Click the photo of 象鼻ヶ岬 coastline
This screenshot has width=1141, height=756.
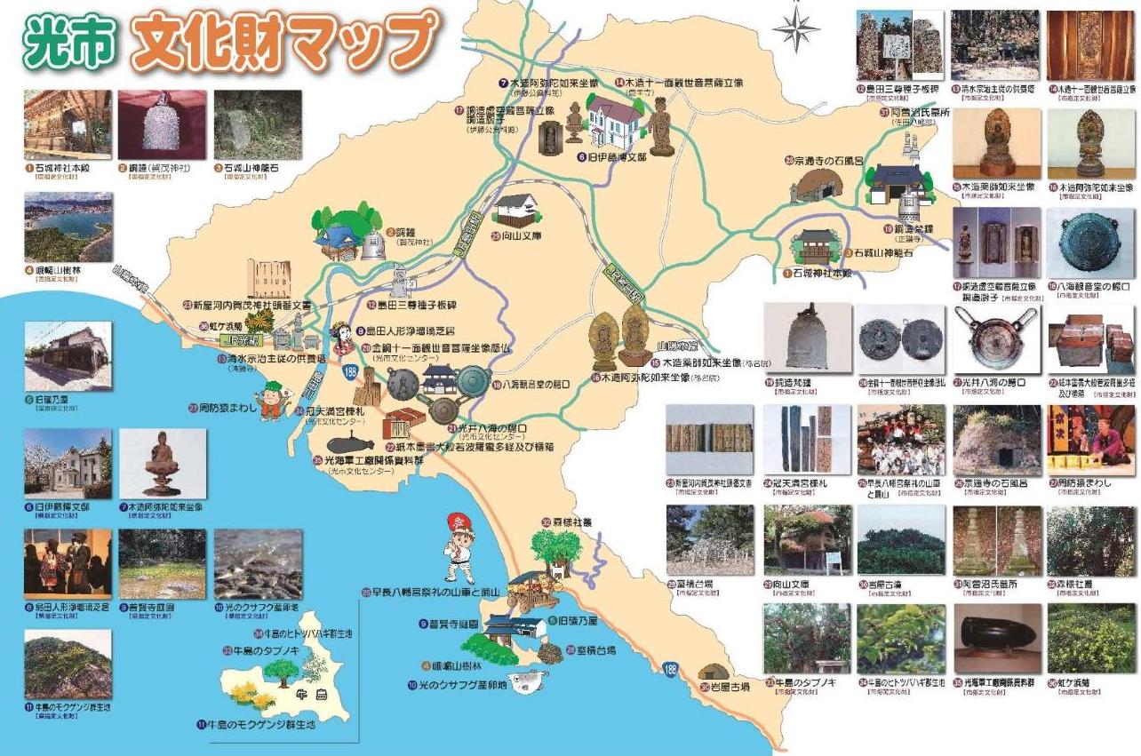point(68,228)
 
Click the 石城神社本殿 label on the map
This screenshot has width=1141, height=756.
point(822,274)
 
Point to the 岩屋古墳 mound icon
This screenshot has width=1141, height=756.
point(711,672)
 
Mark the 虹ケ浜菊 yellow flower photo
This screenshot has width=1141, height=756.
point(1089,638)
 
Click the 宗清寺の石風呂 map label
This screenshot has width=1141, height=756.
point(826,160)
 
